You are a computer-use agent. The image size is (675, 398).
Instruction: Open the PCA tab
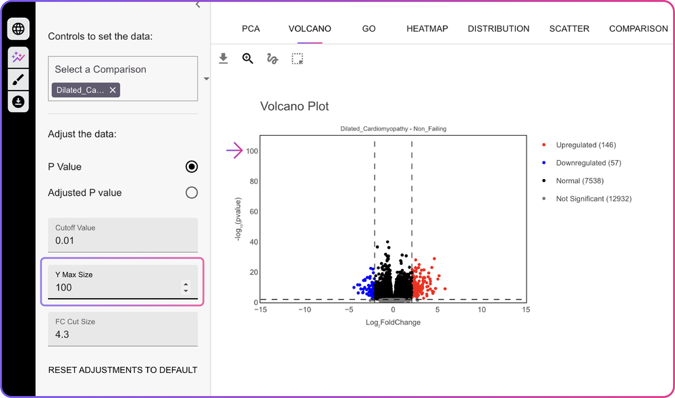point(251,29)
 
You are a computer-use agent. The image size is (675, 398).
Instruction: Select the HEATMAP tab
point(427,29)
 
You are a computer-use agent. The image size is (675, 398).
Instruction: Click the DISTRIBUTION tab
point(499,29)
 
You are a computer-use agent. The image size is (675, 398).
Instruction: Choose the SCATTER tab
point(569,29)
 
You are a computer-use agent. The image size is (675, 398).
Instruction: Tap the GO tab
point(369,29)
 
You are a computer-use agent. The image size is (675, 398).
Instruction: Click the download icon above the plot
point(223,59)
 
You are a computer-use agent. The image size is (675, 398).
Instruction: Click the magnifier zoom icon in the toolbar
point(248,59)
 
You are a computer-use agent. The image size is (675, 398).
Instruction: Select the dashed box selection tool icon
point(297,59)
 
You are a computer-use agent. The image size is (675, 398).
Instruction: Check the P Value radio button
point(192,167)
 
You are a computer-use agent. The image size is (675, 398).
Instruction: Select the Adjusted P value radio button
point(192,193)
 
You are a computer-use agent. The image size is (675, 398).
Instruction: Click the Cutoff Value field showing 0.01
point(123,234)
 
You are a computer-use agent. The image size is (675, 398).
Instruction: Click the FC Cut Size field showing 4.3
point(123,328)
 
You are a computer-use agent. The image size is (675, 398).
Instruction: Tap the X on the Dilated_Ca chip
point(113,90)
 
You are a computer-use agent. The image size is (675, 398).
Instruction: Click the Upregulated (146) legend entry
point(579,145)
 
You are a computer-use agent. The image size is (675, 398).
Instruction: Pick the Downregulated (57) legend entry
point(582,163)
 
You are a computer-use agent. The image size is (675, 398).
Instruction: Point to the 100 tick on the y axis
point(252,151)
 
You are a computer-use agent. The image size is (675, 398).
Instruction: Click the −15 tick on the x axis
point(260,309)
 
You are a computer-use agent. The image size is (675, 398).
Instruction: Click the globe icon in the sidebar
point(18,29)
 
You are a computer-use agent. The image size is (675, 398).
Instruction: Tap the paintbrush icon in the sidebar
point(18,80)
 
